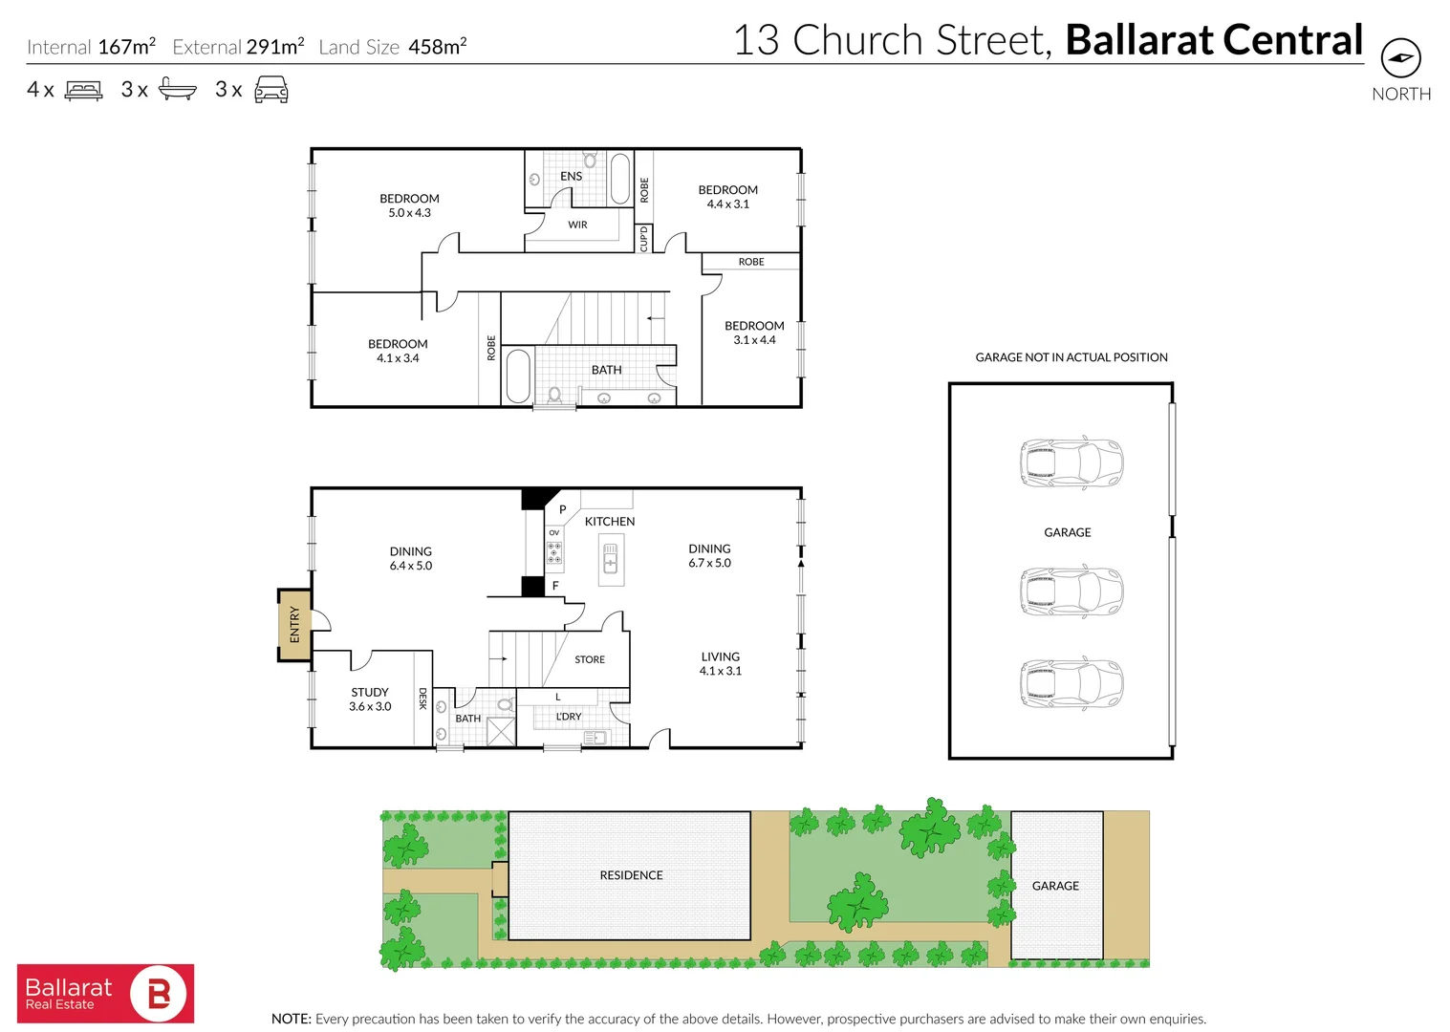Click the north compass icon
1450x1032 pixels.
[1400, 58]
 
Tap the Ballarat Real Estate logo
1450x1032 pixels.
[105, 994]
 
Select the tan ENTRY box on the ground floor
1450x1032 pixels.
[294, 625]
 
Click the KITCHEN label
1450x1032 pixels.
[609, 522]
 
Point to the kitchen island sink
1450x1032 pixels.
[611, 558]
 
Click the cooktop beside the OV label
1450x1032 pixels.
[554, 552]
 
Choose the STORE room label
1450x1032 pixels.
[590, 659]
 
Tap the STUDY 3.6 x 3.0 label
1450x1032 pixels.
[370, 699]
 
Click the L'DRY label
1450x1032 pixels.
[569, 717]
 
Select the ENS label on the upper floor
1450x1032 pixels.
[571, 177]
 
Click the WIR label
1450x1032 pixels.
[577, 226]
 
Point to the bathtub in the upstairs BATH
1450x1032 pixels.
[517, 376]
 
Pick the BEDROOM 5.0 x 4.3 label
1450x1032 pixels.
[409, 205]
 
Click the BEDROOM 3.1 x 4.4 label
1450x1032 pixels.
[754, 333]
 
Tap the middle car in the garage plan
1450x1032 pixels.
[1071, 591]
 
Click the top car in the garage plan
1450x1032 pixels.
[1071, 463]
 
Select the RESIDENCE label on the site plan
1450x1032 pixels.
[631, 875]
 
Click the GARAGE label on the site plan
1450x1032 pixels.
[1055, 886]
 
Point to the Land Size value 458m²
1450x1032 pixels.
[437, 47]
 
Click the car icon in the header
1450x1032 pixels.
[271, 90]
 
